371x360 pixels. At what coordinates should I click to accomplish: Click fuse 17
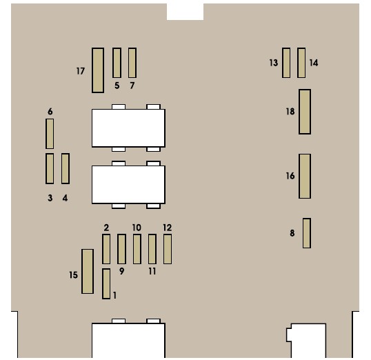98,70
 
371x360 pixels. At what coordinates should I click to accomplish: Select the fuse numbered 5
117,63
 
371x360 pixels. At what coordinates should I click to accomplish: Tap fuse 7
132,63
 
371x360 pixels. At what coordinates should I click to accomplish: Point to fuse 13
286,63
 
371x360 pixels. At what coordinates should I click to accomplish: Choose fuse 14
301,63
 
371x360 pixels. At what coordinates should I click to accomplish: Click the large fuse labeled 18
305,112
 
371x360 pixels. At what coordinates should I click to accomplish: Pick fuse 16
305,176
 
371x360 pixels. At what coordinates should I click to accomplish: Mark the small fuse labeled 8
307,233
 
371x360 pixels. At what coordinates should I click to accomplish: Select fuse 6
50,134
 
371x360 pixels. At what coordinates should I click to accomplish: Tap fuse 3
50,168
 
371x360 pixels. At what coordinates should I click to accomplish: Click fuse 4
66,168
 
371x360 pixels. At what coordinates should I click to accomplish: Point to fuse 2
106,249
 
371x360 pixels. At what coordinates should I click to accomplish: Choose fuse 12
168,249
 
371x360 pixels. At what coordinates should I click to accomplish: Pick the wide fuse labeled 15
88,271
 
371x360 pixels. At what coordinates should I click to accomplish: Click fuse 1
106,283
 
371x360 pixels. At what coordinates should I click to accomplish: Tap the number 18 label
290,112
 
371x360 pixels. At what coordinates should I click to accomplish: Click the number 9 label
121,271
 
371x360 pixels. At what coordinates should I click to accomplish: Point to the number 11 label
152,271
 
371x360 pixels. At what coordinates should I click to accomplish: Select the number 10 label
137,228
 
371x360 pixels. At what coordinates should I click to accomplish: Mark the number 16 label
290,176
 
